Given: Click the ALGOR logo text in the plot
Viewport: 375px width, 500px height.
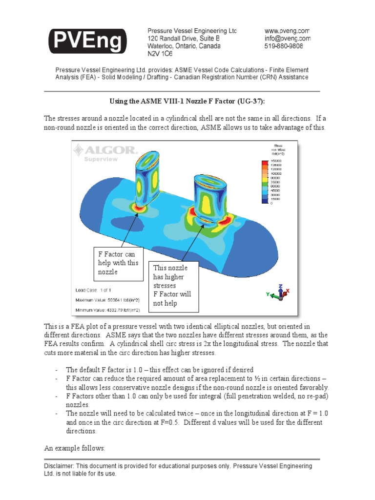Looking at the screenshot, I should [x=105, y=150].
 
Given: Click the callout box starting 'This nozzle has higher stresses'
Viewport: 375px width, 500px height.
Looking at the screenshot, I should [x=174, y=286].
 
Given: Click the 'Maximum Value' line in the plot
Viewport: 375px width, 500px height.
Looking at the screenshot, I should [x=107, y=300].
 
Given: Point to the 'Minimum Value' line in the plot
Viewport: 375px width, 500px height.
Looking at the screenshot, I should [x=107, y=310].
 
